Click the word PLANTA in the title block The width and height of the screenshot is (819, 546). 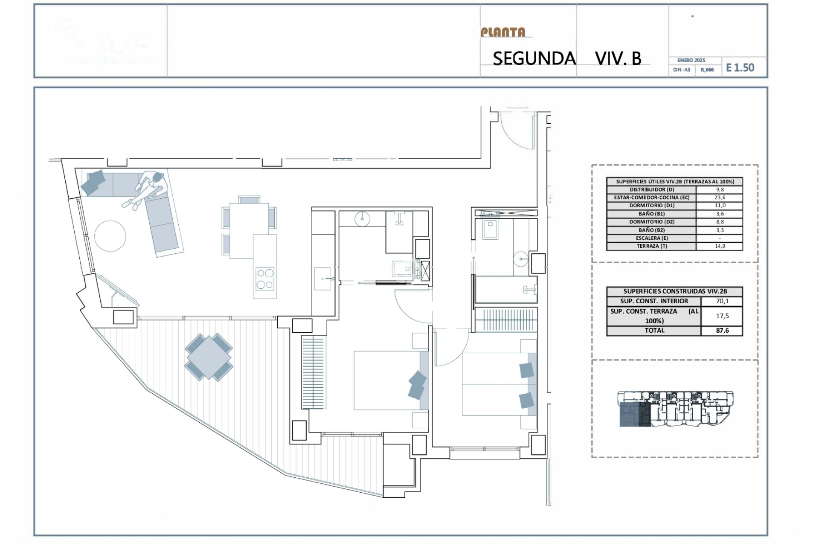tap(503, 32)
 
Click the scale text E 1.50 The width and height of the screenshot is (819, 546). tap(740, 68)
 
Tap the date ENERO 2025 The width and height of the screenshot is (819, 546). tap(691, 61)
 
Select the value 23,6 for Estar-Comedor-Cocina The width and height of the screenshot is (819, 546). tap(720, 197)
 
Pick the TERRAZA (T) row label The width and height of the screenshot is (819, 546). tap(651, 246)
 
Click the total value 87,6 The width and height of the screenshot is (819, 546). tap(722, 331)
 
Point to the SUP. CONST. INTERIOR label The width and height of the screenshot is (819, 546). tap(654, 301)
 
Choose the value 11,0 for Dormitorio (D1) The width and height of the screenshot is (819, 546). tap(720, 206)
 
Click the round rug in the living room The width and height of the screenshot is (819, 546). tap(110, 236)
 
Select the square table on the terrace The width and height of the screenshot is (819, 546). tap(209, 357)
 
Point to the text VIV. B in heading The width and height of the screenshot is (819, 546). tap(618, 59)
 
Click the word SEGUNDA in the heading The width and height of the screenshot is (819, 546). tap(534, 59)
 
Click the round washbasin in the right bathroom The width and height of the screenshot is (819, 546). tap(521, 258)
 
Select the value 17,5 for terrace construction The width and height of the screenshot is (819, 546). tap(722, 316)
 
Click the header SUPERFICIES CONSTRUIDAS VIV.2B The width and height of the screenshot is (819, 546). tap(675, 291)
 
